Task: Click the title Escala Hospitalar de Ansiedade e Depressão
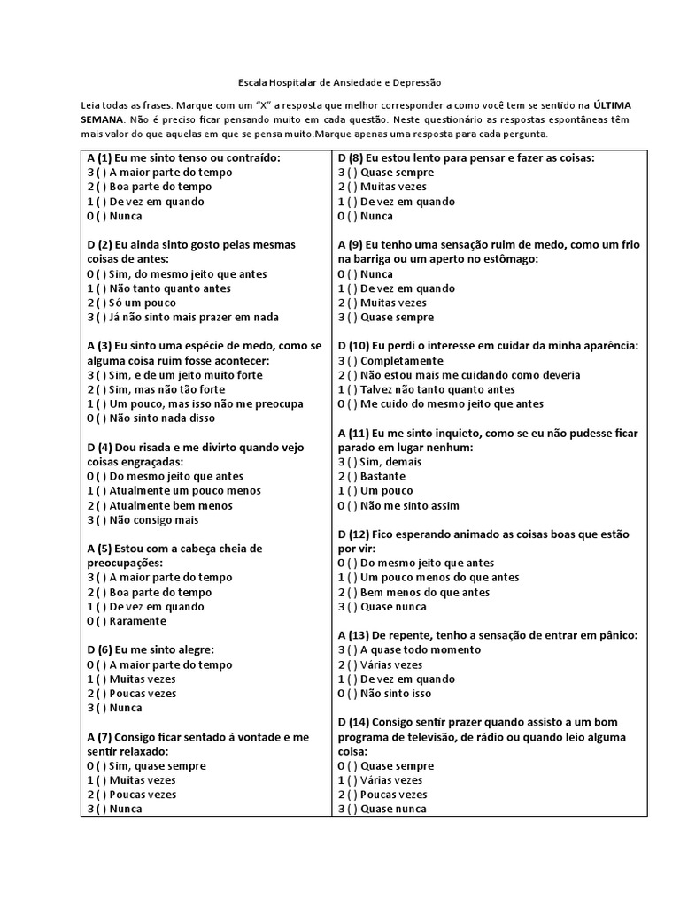tap(340, 80)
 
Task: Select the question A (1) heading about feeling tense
tap(183, 157)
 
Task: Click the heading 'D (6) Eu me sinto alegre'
tap(151, 649)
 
